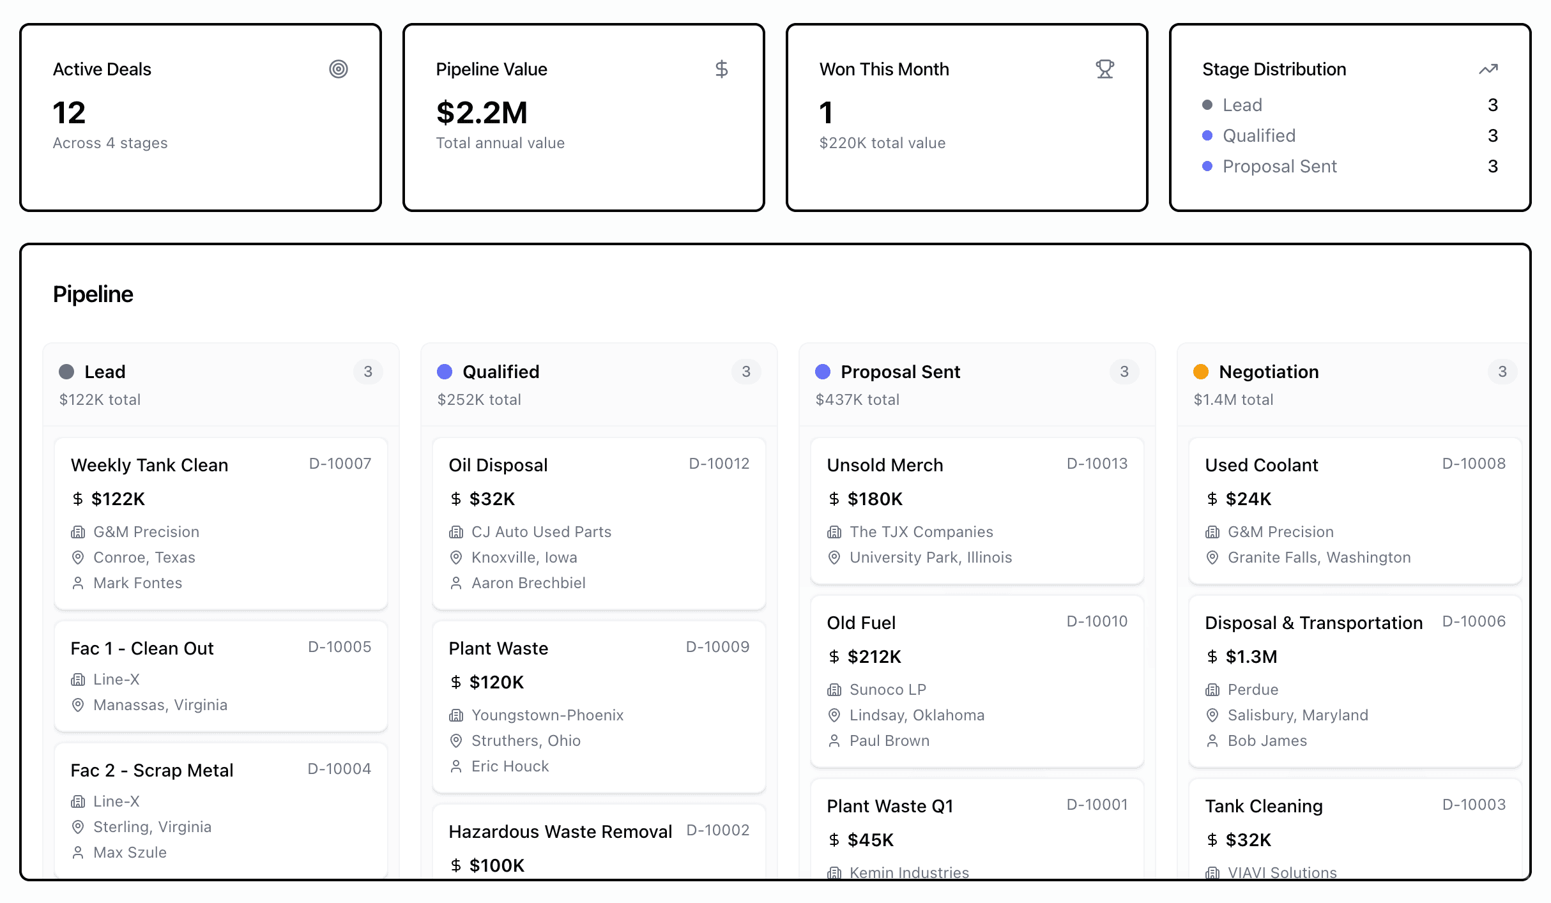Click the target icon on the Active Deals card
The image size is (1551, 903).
coord(339,69)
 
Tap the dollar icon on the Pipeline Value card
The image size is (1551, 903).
coord(721,69)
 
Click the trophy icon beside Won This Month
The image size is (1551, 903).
coord(1104,69)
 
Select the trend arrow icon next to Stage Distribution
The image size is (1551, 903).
coord(1488,69)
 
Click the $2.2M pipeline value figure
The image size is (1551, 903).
coord(482,113)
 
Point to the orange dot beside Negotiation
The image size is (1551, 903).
coord(1201,372)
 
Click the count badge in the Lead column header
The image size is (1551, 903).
coord(368,372)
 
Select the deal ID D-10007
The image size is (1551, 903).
coord(340,464)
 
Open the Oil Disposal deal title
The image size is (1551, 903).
coord(498,465)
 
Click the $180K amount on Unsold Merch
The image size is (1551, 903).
coord(875,499)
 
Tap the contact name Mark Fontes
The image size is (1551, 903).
coord(137,583)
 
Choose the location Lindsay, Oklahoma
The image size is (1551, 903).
coord(917,715)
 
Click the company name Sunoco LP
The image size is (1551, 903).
coord(887,690)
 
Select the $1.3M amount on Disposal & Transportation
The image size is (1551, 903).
coord(1251,656)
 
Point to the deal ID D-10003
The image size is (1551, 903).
coord(1474,805)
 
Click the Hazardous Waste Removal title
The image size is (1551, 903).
coord(560,831)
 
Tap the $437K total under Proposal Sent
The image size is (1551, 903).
coord(857,400)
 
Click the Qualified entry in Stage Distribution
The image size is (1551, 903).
coord(1258,135)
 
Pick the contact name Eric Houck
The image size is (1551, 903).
coord(510,766)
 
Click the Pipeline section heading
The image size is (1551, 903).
coord(93,294)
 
